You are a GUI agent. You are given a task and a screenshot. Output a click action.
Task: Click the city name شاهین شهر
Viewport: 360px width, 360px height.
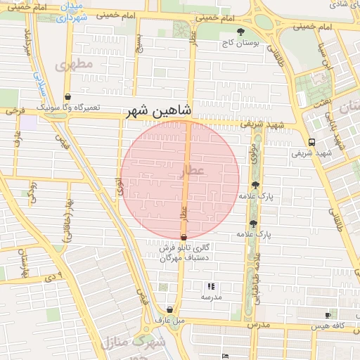point(158,111)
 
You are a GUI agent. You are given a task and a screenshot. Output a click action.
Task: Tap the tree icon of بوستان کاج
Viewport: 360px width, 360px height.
point(241,32)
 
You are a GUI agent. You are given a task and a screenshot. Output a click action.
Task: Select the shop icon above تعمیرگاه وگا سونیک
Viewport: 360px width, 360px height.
point(67,97)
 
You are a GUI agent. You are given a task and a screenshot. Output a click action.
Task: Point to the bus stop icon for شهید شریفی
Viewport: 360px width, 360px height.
point(311,141)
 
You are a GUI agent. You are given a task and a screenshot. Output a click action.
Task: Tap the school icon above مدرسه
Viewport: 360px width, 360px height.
point(211,286)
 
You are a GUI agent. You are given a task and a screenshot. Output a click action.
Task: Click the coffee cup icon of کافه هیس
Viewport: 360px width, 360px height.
point(328,316)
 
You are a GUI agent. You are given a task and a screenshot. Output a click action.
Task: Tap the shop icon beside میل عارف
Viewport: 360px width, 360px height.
point(170,309)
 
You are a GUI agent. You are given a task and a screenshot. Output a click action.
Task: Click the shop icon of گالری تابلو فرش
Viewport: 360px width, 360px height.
point(184,238)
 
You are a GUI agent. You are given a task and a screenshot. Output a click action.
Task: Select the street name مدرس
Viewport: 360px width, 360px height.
point(258,326)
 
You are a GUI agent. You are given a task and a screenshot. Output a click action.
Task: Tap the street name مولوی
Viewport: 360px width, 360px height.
point(252,155)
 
